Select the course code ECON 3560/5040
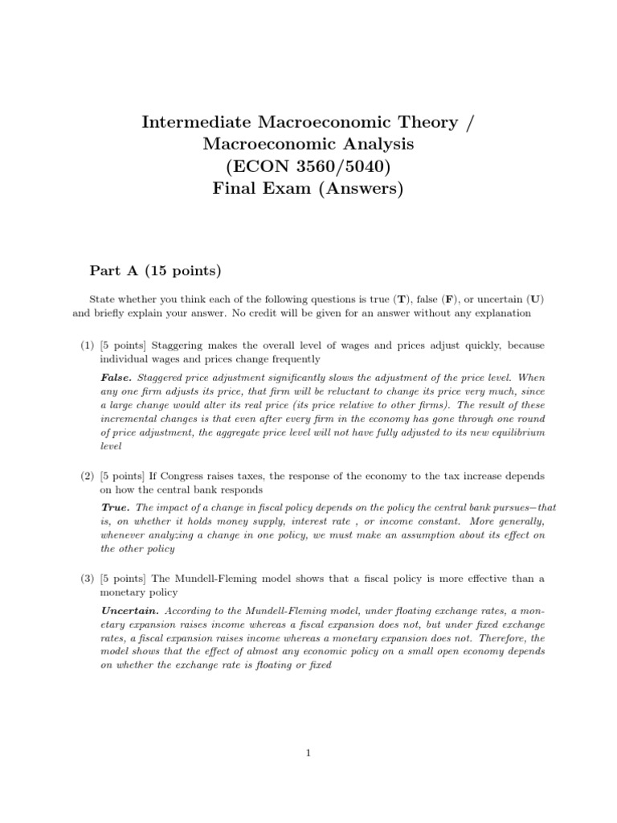(308, 167)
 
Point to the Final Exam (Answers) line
(308, 190)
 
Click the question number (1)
(88, 346)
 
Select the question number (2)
(88, 476)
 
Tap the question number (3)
(88, 579)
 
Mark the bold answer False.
(116, 376)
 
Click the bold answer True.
(114, 507)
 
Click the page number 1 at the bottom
(308, 753)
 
